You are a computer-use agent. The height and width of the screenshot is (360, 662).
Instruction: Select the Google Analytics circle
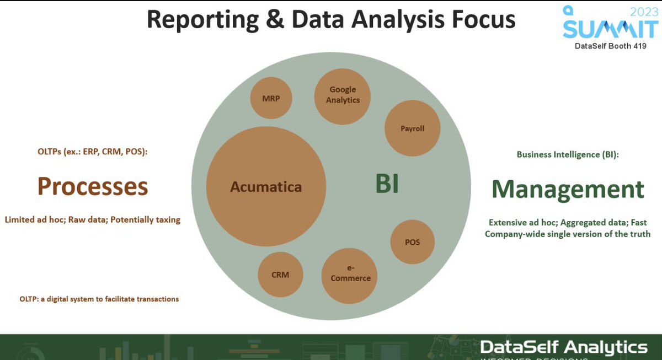pyautogui.click(x=343, y=95)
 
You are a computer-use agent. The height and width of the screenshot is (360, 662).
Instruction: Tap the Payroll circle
pyautogui.click(x=412, y=128)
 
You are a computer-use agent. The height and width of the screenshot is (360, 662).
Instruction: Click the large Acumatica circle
pyautogui.click(x=266, y=186)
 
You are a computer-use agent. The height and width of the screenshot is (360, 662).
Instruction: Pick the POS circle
pyautogui.click(x=412, y=242)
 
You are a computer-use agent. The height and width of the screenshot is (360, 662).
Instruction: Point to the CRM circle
pyautogui.click(x=280, y=274)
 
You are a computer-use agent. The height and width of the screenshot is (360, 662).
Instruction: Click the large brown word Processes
pyautogui.click(x=93, y=187)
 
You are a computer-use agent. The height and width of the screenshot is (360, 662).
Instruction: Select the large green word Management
pyautogui.click(x=568, y=189)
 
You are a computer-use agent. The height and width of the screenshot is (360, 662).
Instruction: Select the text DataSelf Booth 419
pyautogui.click(x=610, y=46)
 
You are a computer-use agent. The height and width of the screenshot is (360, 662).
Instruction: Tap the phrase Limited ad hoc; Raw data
pyautogui.click(x=93, y=219)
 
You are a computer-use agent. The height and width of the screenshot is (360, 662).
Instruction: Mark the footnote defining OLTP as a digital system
pyautogui.click(x=99, y=299)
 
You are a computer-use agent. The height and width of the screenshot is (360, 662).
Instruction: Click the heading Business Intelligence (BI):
pyautogui.click(x=568, y=155)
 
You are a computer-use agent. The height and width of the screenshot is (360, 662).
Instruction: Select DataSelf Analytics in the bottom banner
pyautogui.click(x=563, y=347)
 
